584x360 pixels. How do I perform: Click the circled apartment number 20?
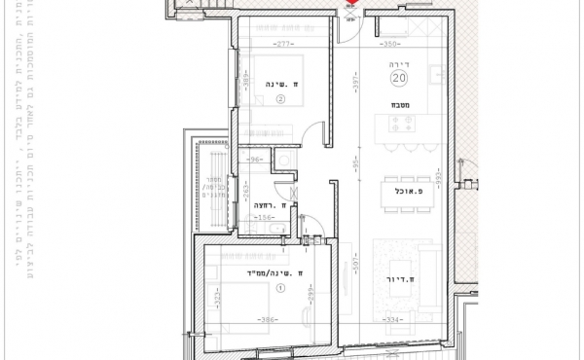[x=399, y=78]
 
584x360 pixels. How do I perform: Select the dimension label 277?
[x=284, y=45]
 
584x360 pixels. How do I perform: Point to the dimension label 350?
[x=390, y=45]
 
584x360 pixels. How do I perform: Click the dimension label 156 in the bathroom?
[x=262, y=218]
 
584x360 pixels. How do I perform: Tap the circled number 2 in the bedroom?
[x=280, y=98]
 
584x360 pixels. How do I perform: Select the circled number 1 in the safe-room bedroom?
[x=281, y=288]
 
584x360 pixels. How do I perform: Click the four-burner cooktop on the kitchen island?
[x=403, y=124]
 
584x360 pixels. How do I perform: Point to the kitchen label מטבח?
[x=399, y=103]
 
